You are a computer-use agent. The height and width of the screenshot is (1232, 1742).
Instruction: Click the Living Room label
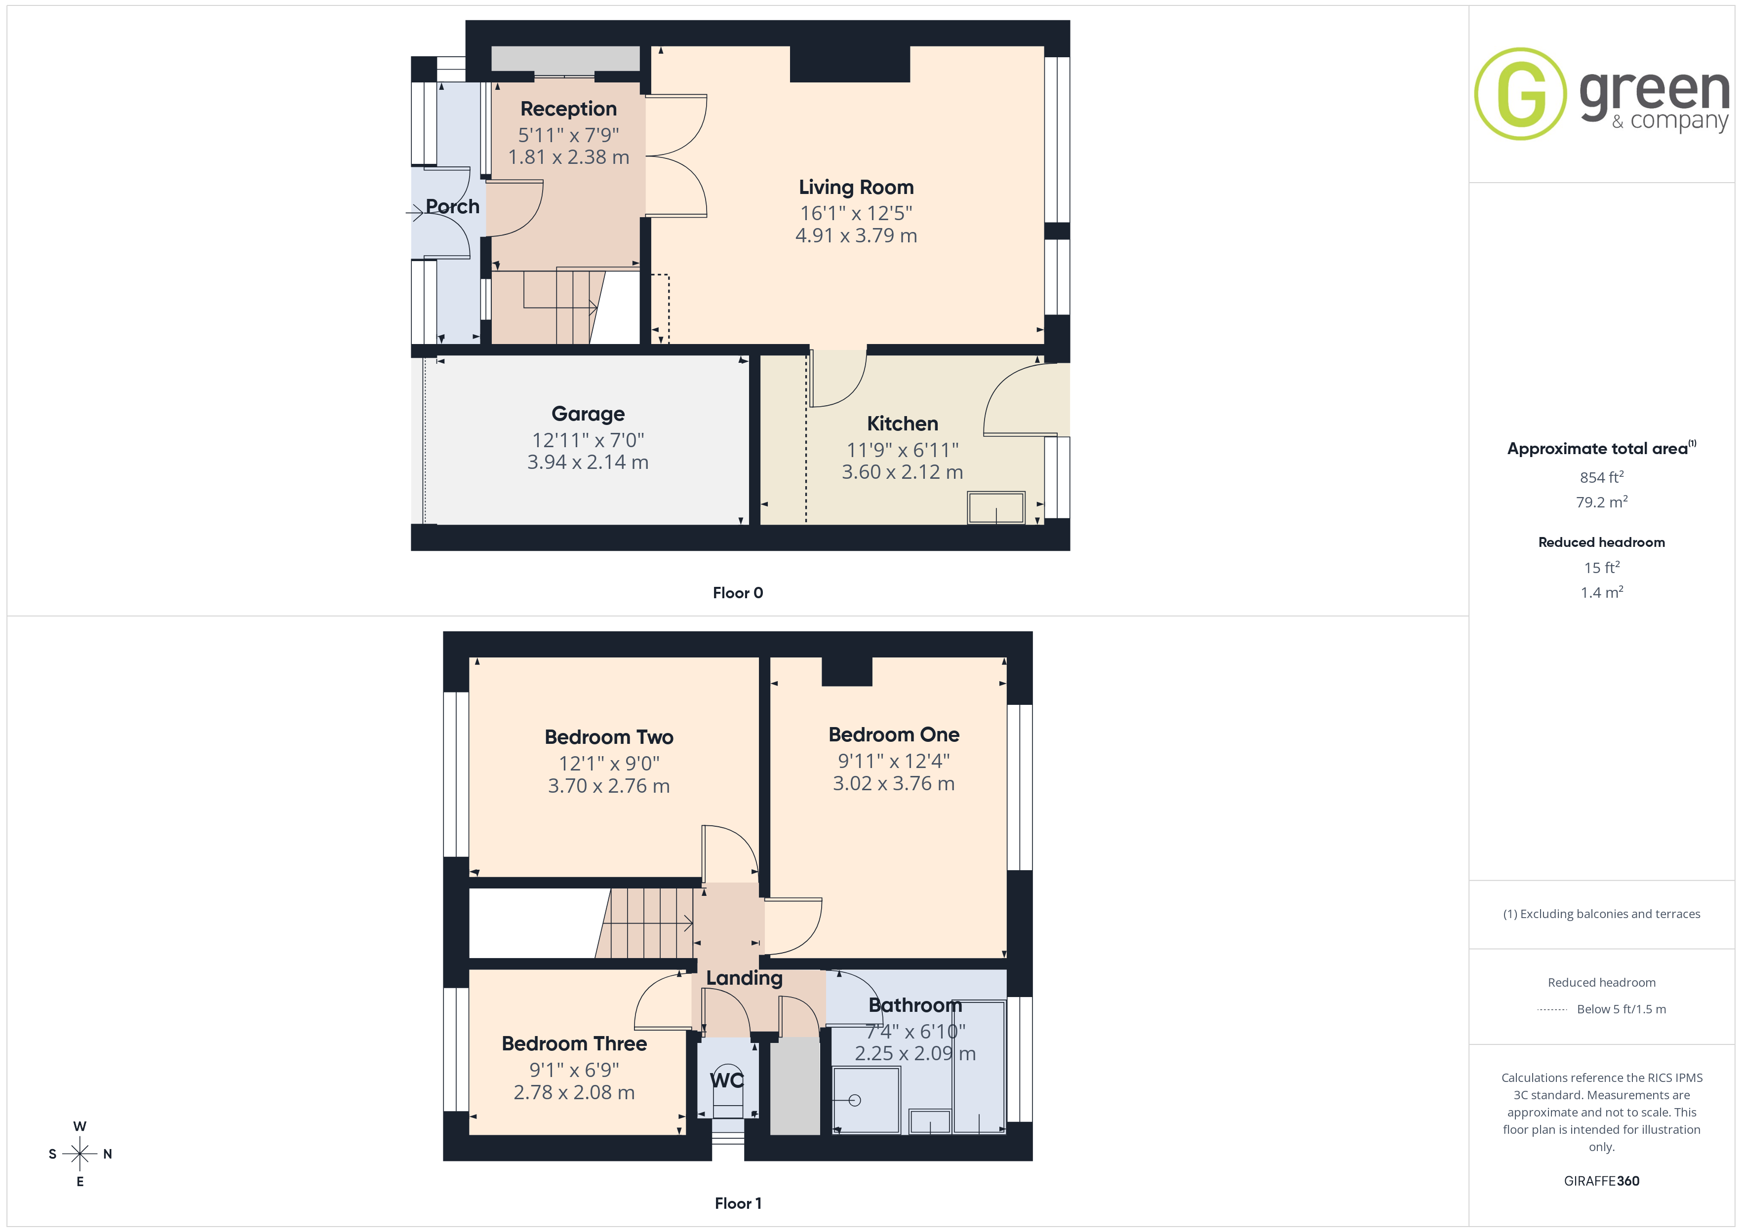tap(856, 188)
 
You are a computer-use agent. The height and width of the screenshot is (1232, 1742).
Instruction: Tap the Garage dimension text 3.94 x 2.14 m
tap(588, 462)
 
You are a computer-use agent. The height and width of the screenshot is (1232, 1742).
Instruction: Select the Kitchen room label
tap(902, 423)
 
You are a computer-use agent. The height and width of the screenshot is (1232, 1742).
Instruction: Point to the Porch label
tap(452, 206)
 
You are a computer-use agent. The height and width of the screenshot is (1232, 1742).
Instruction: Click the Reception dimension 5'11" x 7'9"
tap(568, 135)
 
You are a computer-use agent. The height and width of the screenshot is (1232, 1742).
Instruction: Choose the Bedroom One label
tap(894, 734)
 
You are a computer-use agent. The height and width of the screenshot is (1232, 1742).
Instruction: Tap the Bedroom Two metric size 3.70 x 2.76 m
tap(608, 786)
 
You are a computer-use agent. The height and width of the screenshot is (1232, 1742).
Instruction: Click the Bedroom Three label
tap(574, 1043)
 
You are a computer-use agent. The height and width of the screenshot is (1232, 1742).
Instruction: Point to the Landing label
tap(744, 978)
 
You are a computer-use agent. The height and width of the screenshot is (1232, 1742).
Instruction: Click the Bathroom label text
tap(915, 1005)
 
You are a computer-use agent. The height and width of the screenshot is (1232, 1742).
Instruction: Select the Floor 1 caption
tap(738, 1203)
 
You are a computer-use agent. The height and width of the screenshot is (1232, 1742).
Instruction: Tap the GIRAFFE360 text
tap(1602, 1180)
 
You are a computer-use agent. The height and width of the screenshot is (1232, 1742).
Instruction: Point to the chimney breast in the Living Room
tap(850, 64)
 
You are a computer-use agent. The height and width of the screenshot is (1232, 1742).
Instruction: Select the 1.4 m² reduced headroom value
tap(1602, 592)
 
